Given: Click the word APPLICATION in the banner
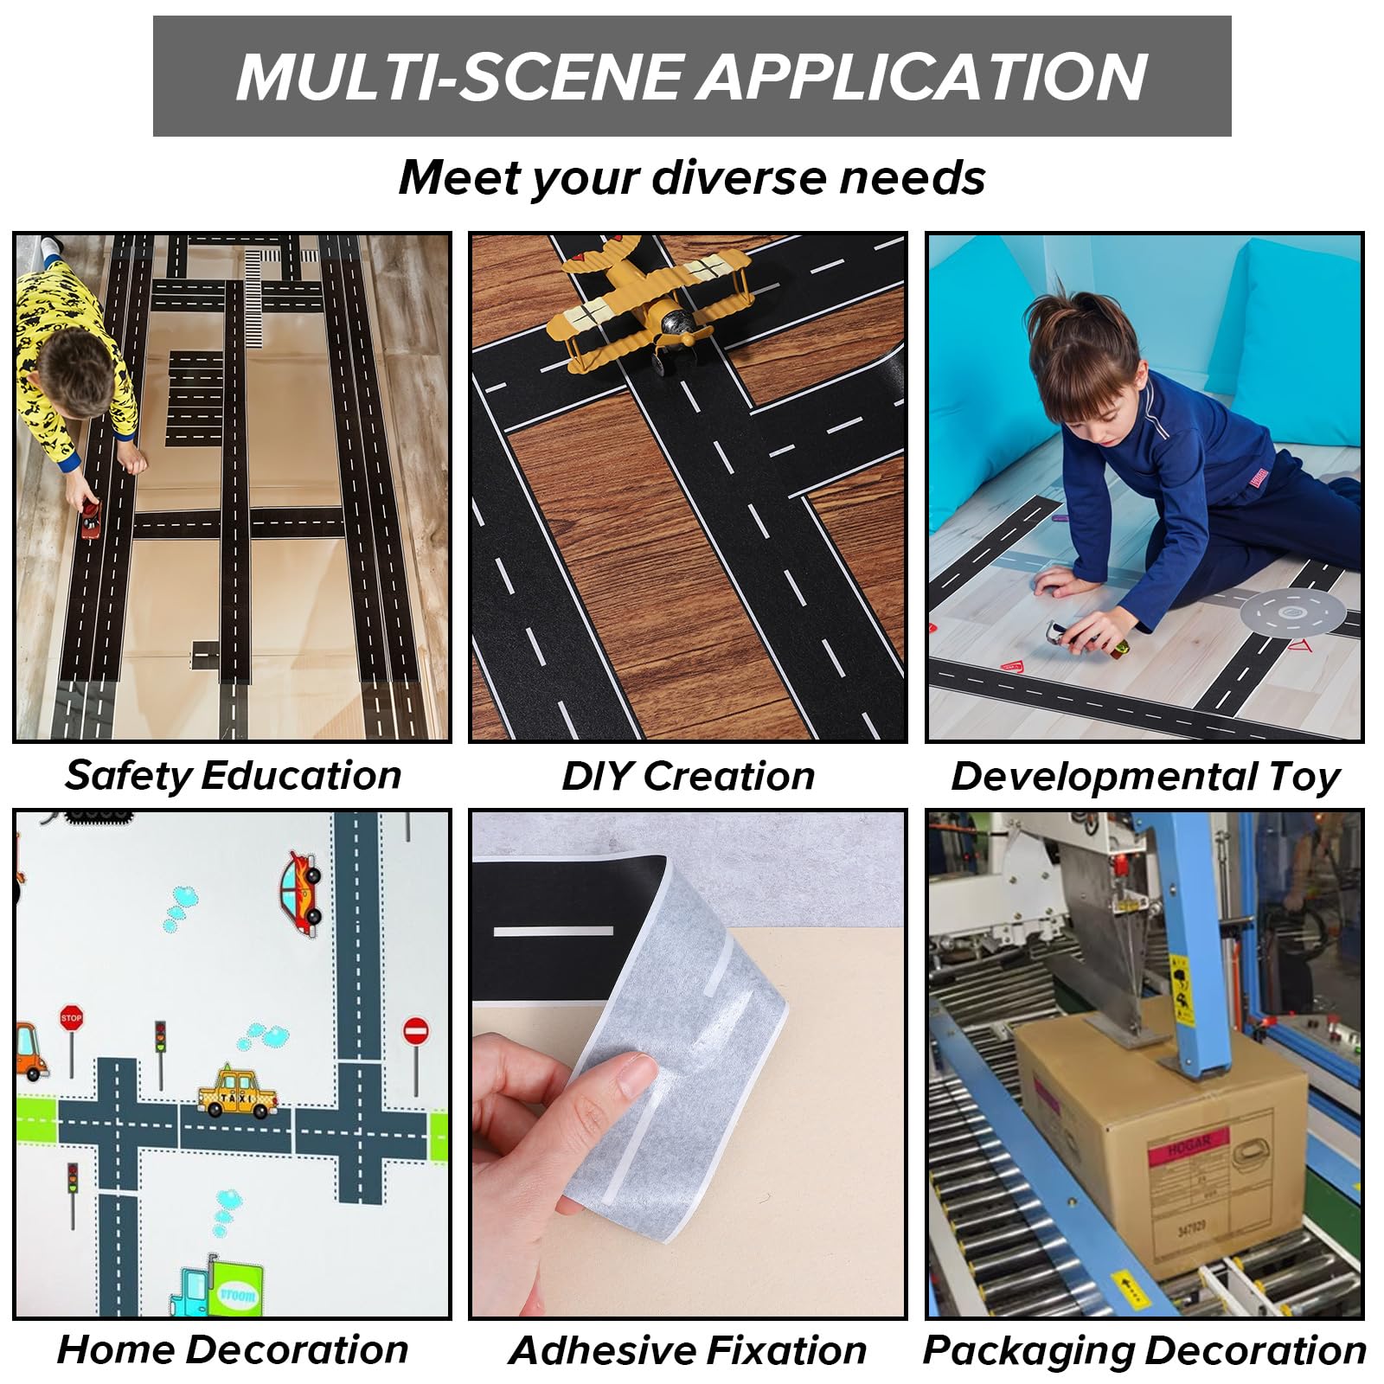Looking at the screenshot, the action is [923, 76].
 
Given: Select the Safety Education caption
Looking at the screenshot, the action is [234, 775].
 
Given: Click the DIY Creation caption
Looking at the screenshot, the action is [689, 776].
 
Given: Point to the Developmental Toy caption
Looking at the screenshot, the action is [1145, 777].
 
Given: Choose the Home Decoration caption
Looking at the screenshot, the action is [233, 1349].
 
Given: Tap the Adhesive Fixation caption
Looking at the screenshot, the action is [689, 1350].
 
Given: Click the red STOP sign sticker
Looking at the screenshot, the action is [71, 1017].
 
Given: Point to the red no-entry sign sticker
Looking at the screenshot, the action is [416, 1030].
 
